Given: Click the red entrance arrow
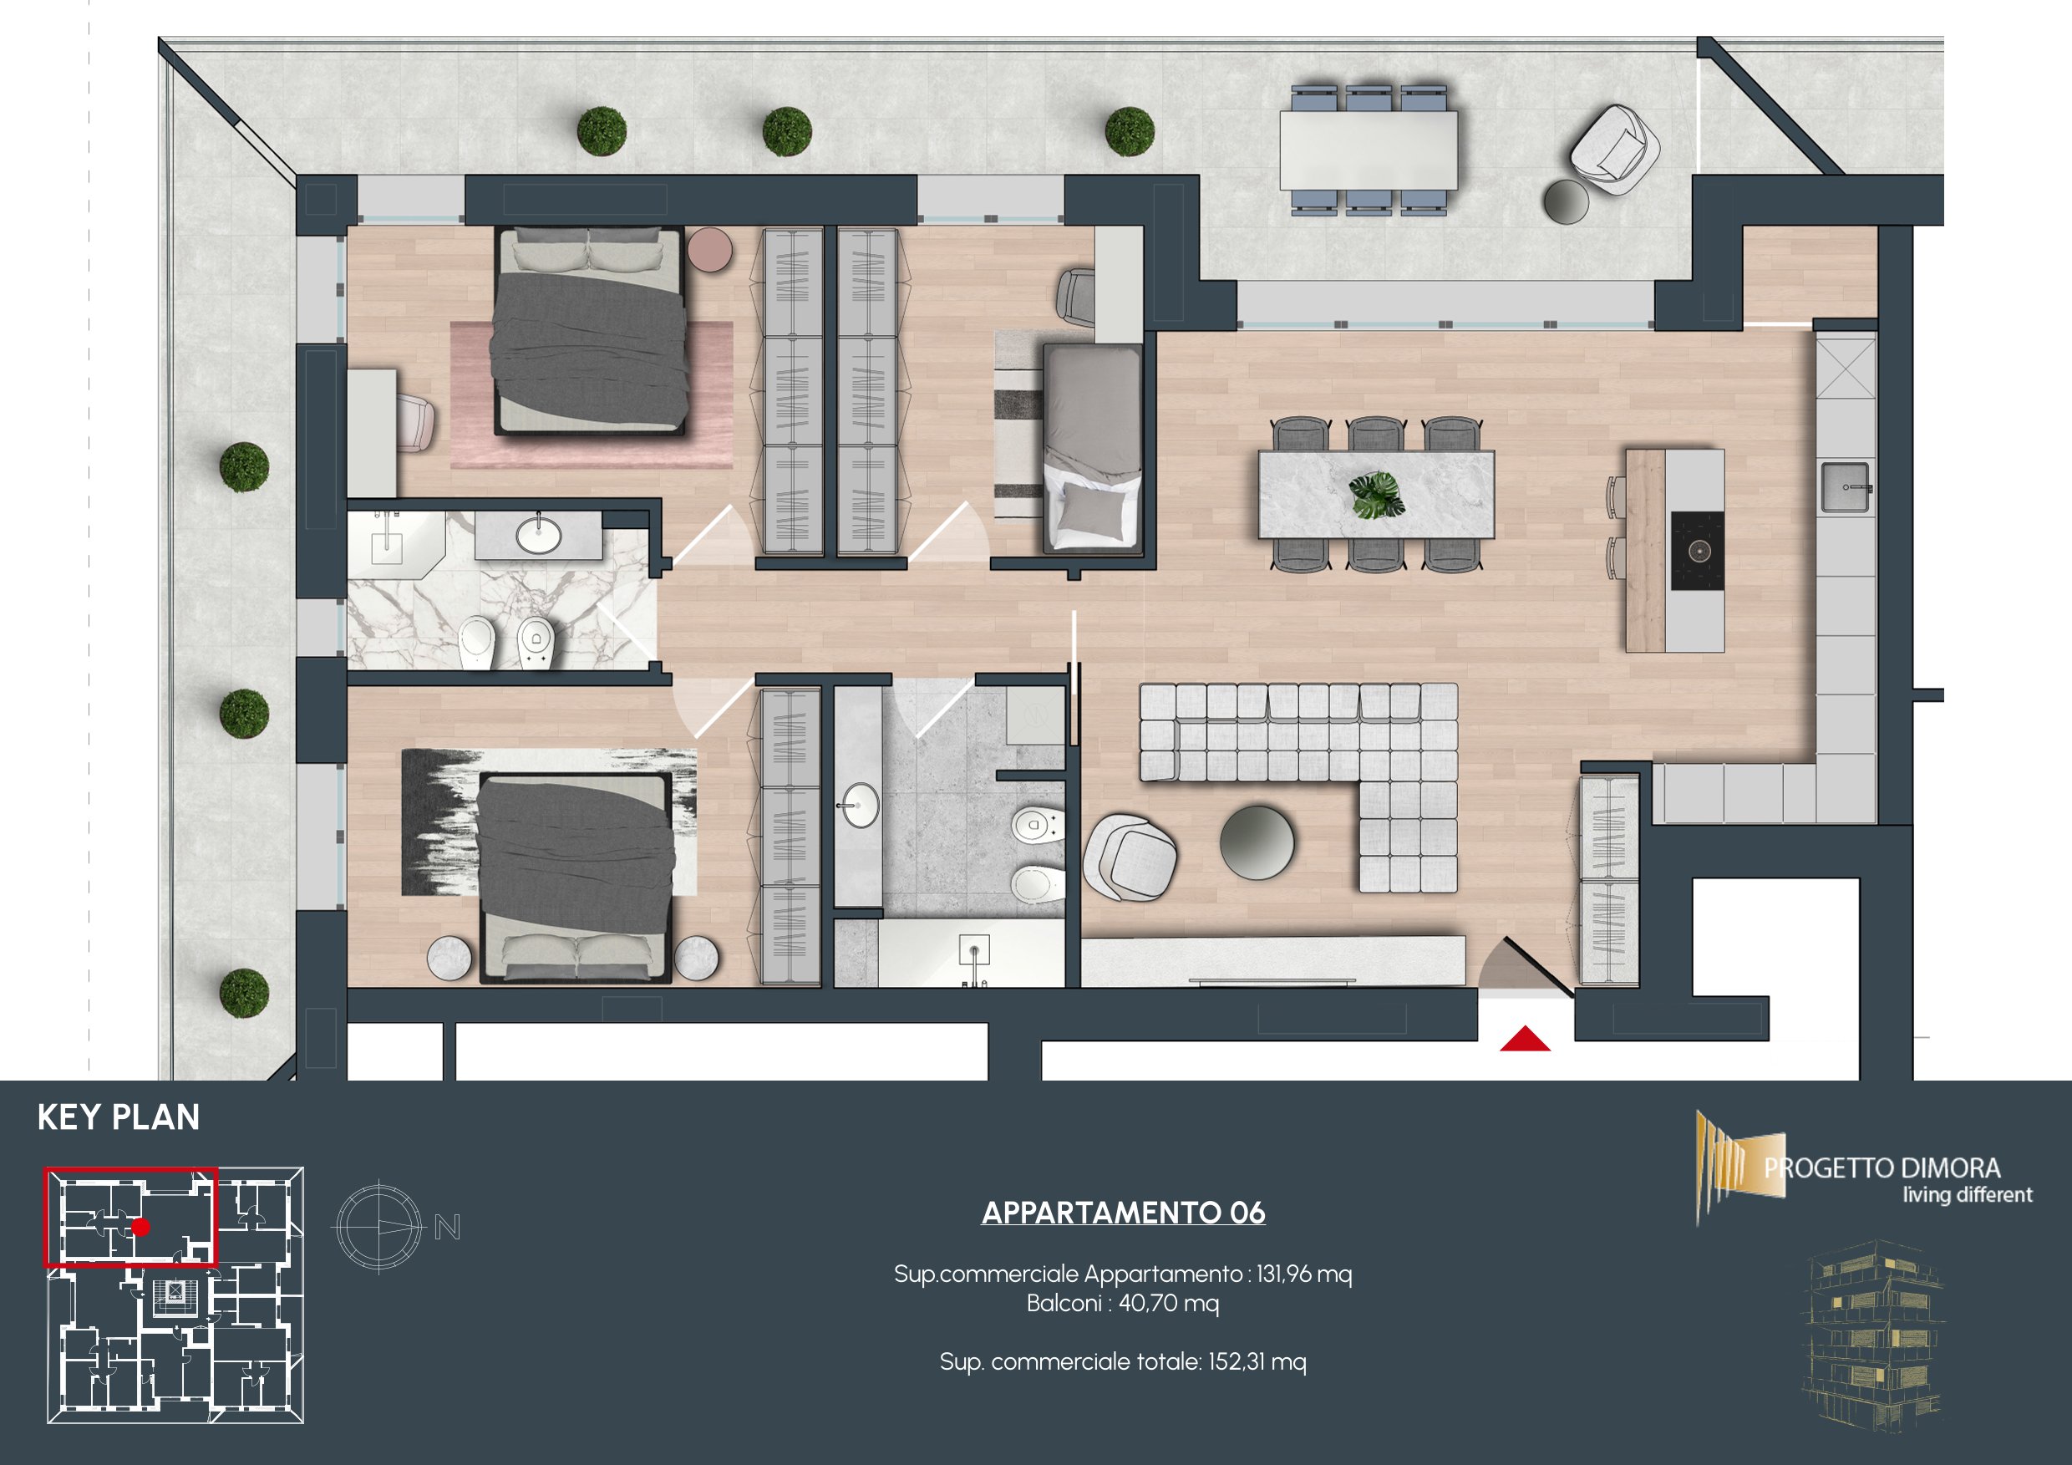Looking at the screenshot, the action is pos(1525,1040).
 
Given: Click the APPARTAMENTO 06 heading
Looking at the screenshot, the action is pos(1124,1213).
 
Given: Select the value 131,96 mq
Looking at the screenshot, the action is pos(1304,1274).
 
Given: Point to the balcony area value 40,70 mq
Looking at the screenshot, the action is pos(1169,1304).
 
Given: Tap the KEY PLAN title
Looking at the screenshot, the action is pos(118,1117).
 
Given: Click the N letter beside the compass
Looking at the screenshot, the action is pos(448,1227).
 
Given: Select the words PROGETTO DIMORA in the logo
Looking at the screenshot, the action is pos(1882,1169).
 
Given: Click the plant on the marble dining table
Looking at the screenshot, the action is pos(1376,495).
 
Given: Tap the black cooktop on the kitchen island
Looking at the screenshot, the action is pos(1698,551).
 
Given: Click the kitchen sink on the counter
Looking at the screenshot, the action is pos(1846,487).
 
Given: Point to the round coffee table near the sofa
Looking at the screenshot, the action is pos(1257,842).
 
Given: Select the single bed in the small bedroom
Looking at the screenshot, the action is pos(1093,448).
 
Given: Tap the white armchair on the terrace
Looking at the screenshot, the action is pos(1614,150).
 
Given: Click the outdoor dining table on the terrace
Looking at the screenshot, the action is pos(1368,150).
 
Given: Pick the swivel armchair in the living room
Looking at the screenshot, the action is pos(1130,857).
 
